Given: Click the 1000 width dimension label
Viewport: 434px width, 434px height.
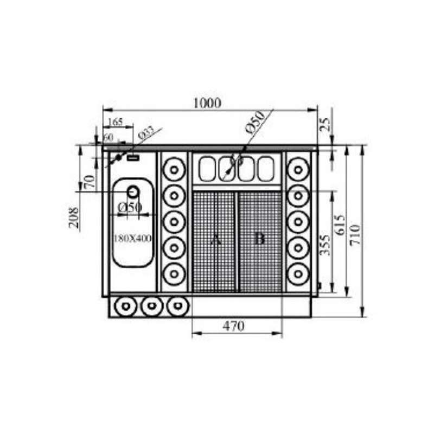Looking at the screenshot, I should coord(207,103).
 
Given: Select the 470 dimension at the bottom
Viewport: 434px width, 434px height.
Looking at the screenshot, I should coord(234,326).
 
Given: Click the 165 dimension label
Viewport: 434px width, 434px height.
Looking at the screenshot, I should coord(116,122).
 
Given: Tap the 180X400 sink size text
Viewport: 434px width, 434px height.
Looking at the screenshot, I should coord(132,238).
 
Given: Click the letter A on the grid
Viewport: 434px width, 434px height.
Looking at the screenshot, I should coord(215,239).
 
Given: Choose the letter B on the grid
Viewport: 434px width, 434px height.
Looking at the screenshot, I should coord(259,239).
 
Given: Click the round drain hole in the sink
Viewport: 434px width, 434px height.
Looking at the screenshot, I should coord(133,192).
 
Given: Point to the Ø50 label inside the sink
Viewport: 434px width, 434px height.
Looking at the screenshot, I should coord(130,207).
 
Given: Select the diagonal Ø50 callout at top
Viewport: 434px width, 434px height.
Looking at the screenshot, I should coord(254,122).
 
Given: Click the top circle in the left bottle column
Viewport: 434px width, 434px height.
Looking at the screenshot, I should coord(174,169).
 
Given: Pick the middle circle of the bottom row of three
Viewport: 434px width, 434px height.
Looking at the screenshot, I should coord(150,307).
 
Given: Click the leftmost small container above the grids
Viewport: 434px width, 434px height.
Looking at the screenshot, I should coord(207,169).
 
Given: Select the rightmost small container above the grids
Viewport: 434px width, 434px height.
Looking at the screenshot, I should coord(265,169).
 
